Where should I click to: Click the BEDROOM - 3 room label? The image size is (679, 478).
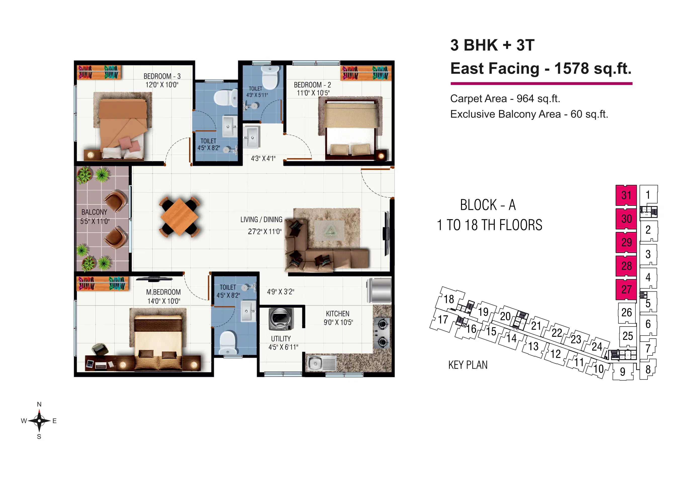pos(162,76)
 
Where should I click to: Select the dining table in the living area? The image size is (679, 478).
pos(179,217)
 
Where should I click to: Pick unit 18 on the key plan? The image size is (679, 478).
pos(449,299)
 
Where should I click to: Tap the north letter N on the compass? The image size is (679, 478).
pos(39,404)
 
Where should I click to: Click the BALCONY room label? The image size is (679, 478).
pos(94,212)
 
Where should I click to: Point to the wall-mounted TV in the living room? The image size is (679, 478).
pos(386,234)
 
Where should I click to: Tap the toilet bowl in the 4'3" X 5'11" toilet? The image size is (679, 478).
pos(270,77)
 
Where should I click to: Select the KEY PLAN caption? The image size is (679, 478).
pos(468,365)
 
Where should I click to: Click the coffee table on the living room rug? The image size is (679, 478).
pos(329,230)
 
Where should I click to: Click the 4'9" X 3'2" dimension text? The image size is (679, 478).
pos(280,292)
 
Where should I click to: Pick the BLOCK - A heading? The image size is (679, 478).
pos(488,205)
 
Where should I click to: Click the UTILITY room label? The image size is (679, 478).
pos(281,338)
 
